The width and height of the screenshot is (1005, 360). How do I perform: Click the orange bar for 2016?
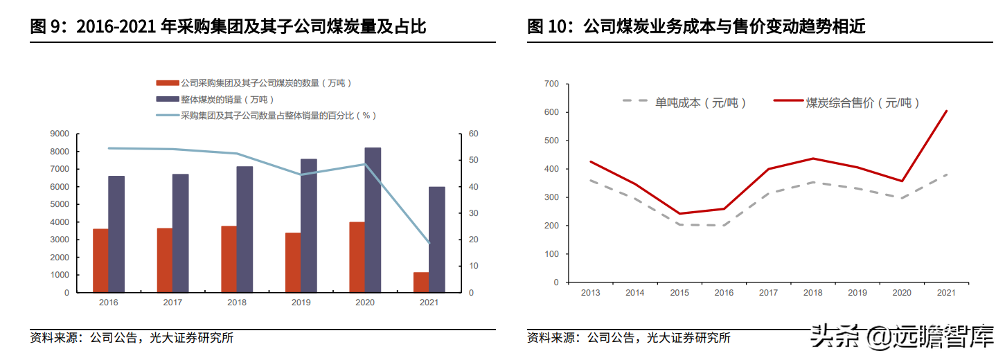point(100,260)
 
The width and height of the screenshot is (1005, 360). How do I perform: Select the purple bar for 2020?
point(373,219)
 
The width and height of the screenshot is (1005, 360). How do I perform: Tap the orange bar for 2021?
point(421,282)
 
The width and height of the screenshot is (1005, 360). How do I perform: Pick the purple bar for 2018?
point(245,229)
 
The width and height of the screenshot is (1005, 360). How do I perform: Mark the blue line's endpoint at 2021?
point(429,243)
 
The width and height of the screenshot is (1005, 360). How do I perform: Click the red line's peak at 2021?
point(946,111)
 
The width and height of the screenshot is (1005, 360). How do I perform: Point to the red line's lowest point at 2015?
point(680,213)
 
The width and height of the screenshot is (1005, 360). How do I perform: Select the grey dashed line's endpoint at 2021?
point(946,174)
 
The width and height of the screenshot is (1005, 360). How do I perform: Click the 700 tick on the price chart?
point(551,84)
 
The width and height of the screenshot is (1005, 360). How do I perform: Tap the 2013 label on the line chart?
point(591,293)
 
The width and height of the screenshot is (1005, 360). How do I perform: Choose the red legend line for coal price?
point(788,102)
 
